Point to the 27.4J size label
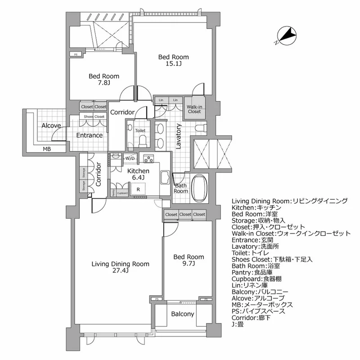coord(121,270)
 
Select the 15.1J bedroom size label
coord(173,64)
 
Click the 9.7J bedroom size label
coord(188,264)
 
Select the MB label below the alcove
coord(47,149)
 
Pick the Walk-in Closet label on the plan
coord(194,109)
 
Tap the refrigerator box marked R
coord(138,189)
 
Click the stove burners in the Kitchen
coord(148,158)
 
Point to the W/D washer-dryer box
coord(130,158)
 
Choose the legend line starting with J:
coord(238,324)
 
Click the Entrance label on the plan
coord(89,135)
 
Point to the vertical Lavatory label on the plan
coord(178,136)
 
